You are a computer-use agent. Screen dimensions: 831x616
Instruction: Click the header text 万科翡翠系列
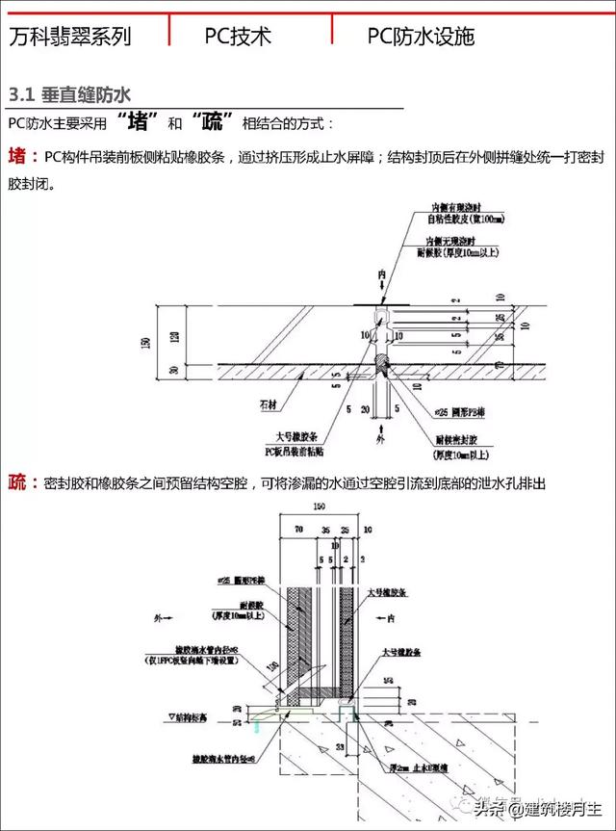[69, 37]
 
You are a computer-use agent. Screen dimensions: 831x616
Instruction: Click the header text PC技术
[238, 37]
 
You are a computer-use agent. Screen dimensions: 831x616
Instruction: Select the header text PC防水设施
[421, 37]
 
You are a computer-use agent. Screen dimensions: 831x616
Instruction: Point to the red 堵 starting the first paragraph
[18, 156]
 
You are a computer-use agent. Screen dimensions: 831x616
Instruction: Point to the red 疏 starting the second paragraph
[18, 481]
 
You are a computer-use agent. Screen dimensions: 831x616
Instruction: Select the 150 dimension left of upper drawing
[144, 342]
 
